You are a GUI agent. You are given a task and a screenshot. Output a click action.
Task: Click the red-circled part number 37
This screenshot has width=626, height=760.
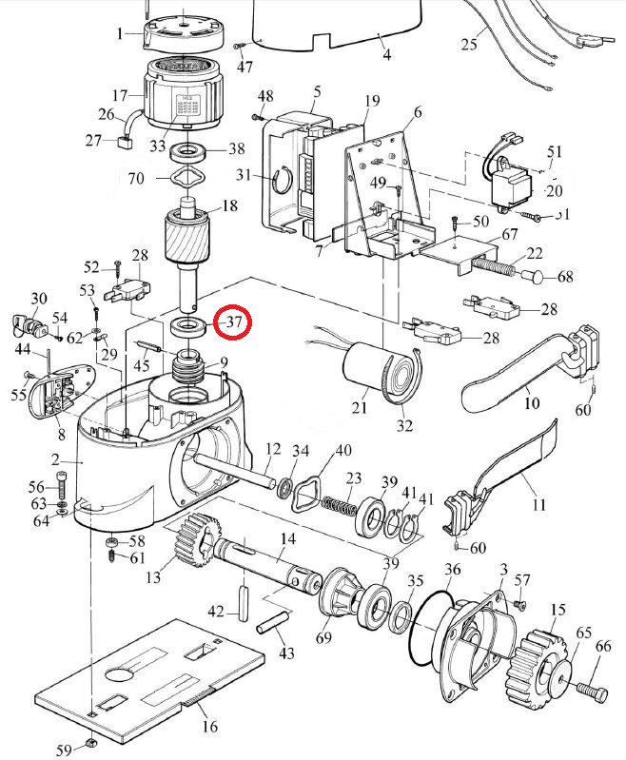[x=234, y=322]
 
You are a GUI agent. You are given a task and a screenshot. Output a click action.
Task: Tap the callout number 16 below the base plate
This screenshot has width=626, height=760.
[x=209, y=727]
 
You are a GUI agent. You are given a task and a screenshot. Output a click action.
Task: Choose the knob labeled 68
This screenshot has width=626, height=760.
[x=538, y=277]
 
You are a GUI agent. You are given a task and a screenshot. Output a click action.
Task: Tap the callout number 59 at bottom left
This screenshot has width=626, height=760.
[x=63, y=751]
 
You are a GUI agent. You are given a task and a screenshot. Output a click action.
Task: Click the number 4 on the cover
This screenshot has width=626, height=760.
[x=386, y=54]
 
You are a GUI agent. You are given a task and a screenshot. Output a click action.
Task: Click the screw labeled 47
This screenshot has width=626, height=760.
[x=240, y=47]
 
